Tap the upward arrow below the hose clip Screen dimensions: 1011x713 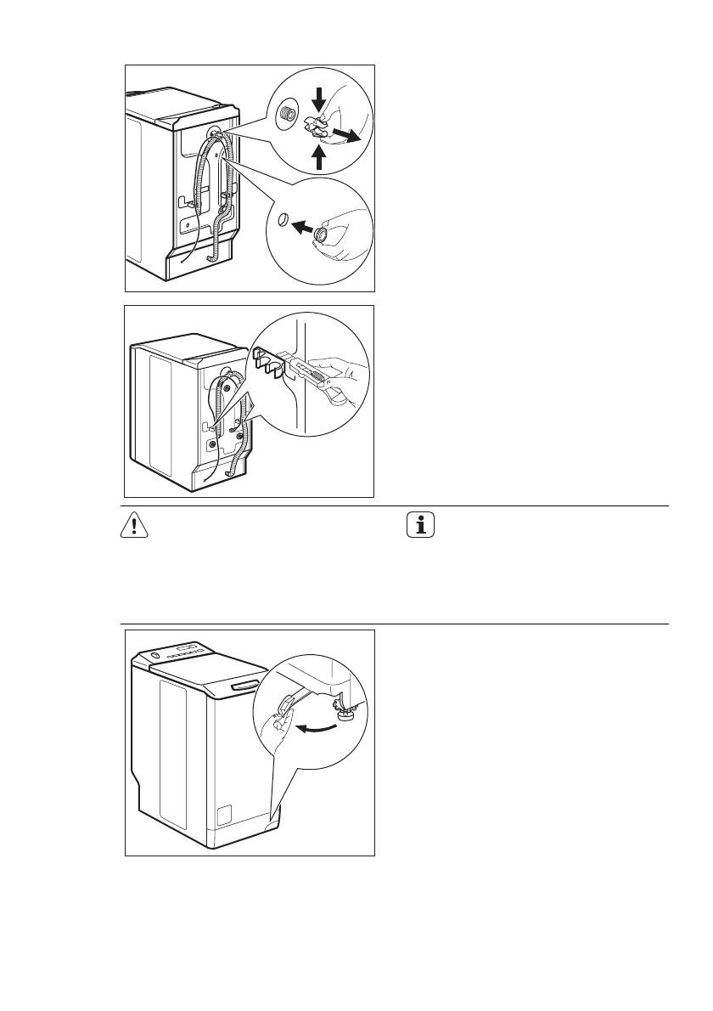[319, 158]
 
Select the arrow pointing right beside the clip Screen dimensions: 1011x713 [345, 134]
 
